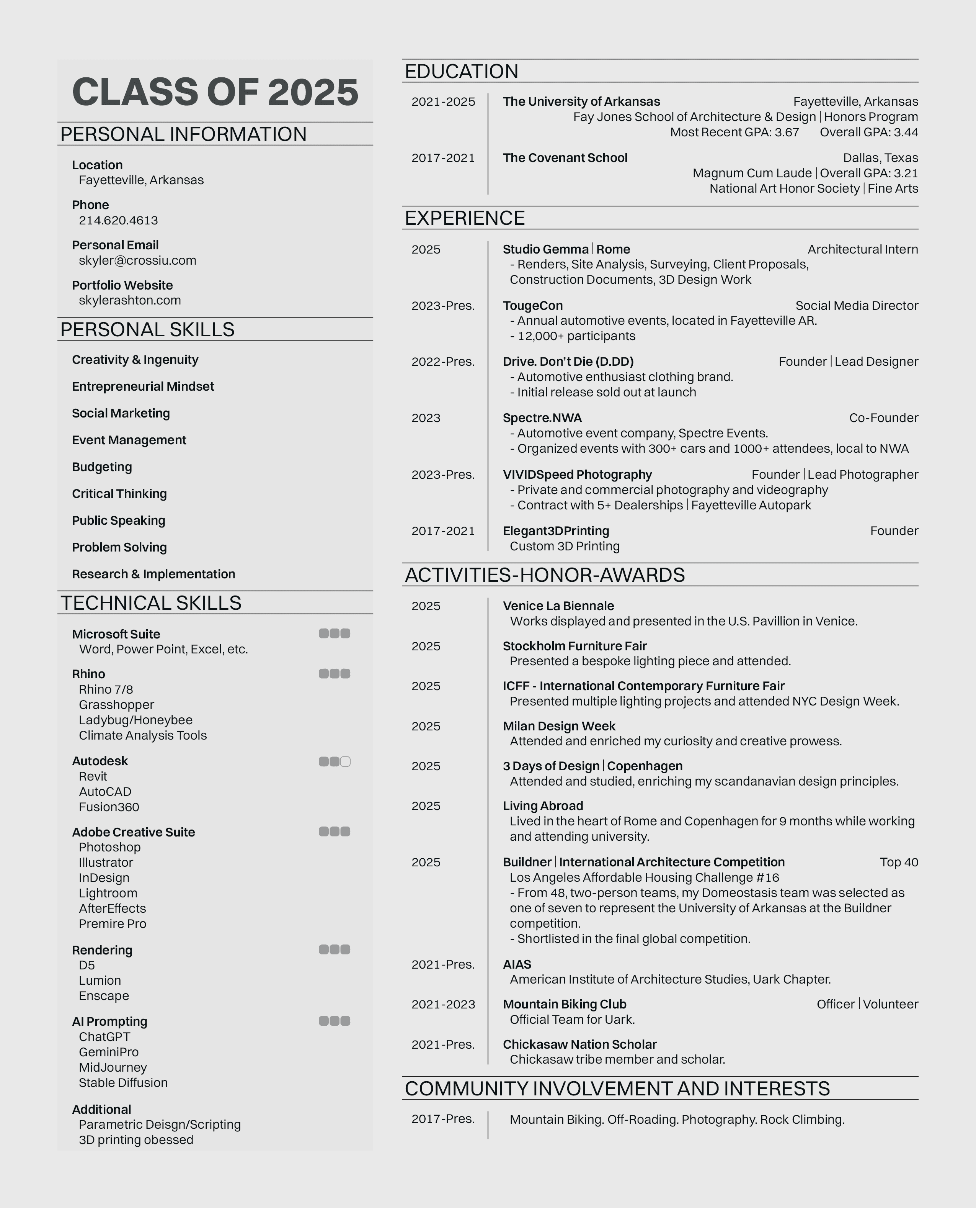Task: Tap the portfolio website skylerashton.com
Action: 129,300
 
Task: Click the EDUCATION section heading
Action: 462,72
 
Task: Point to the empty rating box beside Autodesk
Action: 345,762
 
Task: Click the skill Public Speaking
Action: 119,521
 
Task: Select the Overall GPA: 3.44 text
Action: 868,132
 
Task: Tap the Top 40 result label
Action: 899,863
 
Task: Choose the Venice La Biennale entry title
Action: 558,606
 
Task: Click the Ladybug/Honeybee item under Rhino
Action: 135,720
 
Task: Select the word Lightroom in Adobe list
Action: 108,894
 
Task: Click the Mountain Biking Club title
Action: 565,1004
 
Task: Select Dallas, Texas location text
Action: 880,158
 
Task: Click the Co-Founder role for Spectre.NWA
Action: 883,418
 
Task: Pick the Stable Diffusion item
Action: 123,1083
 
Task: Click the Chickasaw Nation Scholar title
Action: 579,1044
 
